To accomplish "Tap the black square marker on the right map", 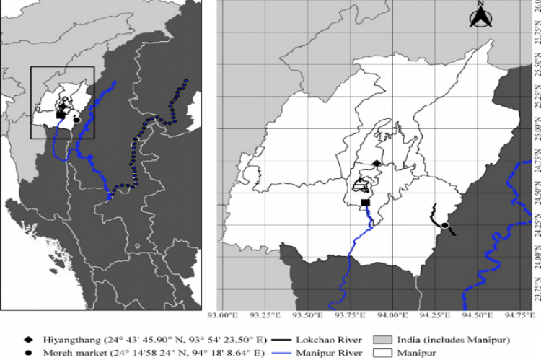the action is [x=365, y=203].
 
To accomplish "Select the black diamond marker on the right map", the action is [x=376, y=163].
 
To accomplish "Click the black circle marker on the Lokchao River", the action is [x=445, y=226].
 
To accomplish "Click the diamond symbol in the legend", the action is [x=28, y=338].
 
